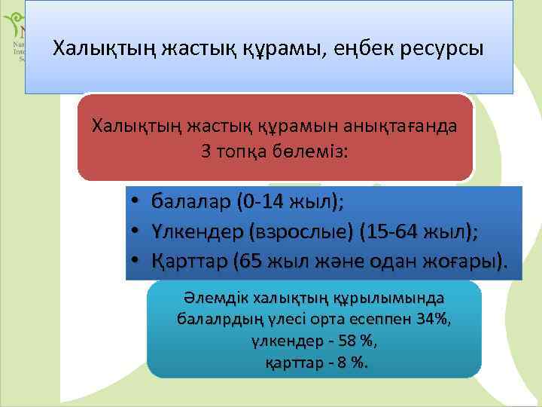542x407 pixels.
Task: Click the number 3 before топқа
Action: point(206,150)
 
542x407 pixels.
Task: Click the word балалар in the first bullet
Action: point(191,202)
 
